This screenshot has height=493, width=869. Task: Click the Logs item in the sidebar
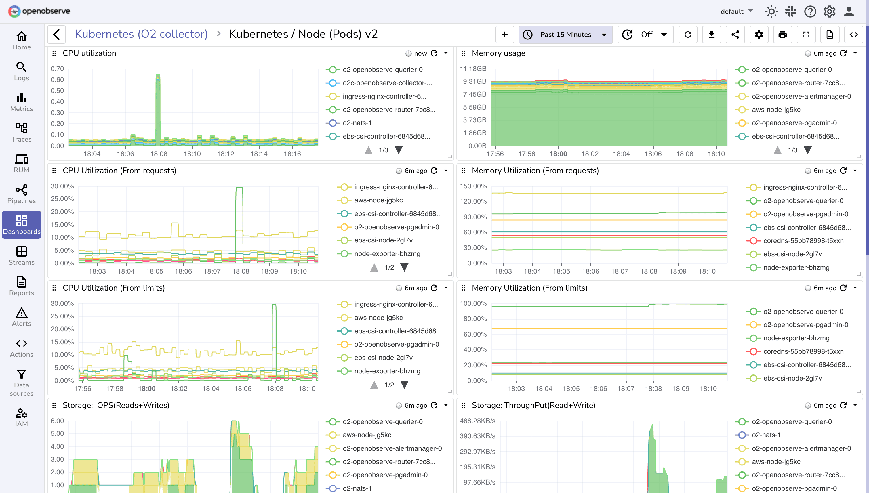coord(21,71)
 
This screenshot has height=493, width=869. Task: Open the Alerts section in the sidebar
coord(21,317)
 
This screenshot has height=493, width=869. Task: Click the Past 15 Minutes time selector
coord(565,35)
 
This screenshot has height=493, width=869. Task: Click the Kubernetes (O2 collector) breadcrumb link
coord(141,34)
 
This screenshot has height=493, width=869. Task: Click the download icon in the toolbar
coord(712,35)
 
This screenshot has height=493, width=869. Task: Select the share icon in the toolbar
coord(735,35)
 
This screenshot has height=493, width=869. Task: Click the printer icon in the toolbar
coord(782,35)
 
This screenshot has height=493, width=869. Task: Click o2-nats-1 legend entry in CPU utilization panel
coord(357,123)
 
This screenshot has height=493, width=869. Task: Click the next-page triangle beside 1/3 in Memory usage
coord(808,150)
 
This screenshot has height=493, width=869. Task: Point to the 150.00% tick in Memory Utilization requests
coord(473,186)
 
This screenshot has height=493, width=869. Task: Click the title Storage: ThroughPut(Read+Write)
coord(533,405)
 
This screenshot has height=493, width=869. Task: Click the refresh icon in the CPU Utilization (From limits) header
coord(434,288)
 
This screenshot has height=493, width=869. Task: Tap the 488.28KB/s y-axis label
coord(477,421)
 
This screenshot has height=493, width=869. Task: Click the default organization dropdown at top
coord(737,12)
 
